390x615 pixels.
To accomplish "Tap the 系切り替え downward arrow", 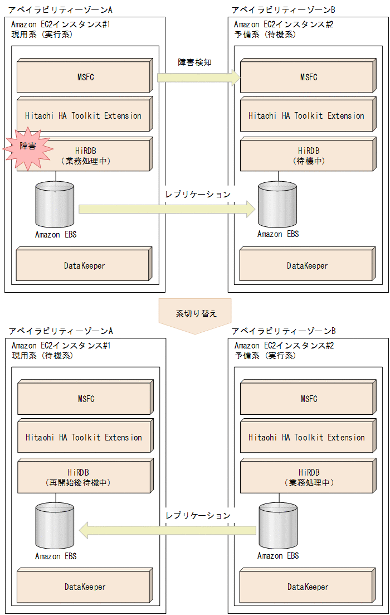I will (195, 316).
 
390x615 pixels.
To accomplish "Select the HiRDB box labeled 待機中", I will (308, 156).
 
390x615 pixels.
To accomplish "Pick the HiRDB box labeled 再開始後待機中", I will (84, 477).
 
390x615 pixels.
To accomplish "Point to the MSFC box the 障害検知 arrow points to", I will (308, 77).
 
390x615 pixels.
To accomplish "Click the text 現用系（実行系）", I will (42, 35).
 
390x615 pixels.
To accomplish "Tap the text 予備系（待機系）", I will (265, 35).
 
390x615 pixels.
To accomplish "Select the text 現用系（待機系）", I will (42, 355).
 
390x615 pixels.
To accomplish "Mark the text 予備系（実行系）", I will (265, 355).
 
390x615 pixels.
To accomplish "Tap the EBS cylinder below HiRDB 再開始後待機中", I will (55, 526).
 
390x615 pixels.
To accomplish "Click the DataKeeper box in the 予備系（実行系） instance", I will (308, 587).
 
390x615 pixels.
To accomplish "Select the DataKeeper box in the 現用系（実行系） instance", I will (84, 265).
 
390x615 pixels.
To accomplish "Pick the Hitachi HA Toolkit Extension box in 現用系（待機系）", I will (84, 438).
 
